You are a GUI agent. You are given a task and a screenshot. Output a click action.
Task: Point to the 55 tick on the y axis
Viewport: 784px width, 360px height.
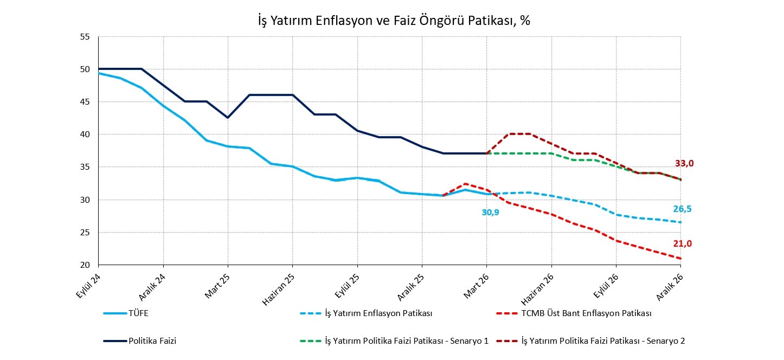pos(85,37)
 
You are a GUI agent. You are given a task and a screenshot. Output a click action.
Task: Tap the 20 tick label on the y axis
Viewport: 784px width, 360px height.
pos(85,265)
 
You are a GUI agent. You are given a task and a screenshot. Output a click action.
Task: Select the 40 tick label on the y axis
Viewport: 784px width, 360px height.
pos(85,134)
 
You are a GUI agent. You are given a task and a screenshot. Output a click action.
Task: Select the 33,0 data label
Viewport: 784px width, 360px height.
pos(684,163)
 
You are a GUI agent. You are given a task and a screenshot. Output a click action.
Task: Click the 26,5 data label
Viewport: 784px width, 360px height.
pos(682,209)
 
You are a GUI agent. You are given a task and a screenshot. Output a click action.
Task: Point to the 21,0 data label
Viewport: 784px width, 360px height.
pos(682,243)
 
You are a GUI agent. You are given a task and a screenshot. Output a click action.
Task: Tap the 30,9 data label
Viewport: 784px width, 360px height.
pos(490,213)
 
